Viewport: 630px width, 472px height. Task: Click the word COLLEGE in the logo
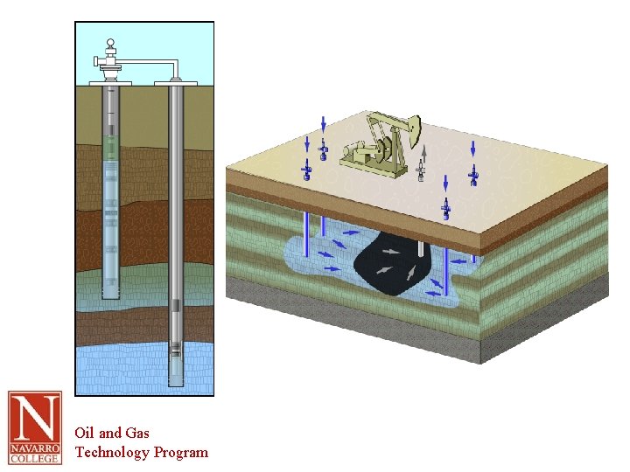click(x=34, y=457)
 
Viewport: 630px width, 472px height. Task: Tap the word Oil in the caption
click(x=84, y=433)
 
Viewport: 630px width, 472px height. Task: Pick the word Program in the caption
click(x=181, y=452)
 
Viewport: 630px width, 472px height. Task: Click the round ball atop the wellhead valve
click(x=110, y=44)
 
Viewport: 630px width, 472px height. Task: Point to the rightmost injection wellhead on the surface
click(x=473, y=178)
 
